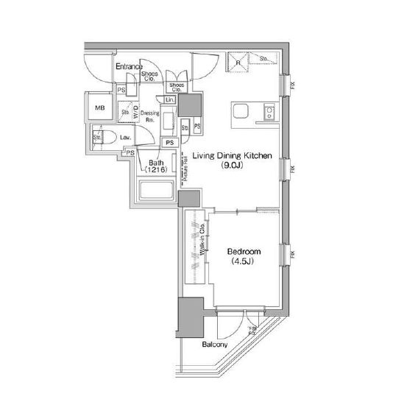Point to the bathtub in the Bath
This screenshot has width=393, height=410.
pyautogui.click(x=155, y=192)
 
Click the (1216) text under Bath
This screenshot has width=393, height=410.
pyautogui.click(x=156, y=170)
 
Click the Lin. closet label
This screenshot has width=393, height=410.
pyautogui.click(x=170, y=99)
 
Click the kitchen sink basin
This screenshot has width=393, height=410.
pyautogui.click(x=242, y=112)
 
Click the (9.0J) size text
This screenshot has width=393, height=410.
pyautogui.click(x=233, y=166)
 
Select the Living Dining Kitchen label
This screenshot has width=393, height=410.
pyautogui.click(x=233, y=155)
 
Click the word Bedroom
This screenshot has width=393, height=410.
pyautogui.click(x=244, y=252)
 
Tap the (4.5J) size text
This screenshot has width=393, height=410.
pyautogui.click(x=244, y=262)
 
